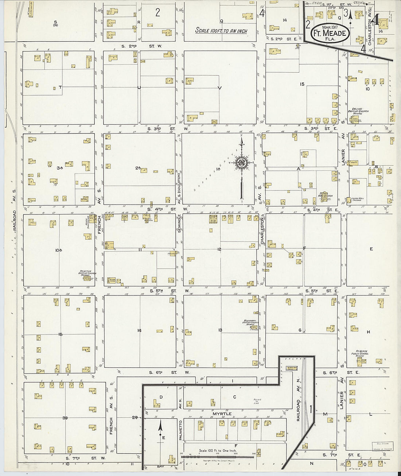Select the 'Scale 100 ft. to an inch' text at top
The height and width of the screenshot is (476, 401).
(221, 31)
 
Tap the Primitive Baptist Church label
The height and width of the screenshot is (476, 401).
(86, 273)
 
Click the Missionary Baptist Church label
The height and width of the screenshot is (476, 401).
(250, 323)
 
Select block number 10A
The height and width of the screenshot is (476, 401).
(59, 250)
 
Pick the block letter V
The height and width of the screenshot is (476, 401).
(219, 88)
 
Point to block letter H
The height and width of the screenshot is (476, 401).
(368, 332)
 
